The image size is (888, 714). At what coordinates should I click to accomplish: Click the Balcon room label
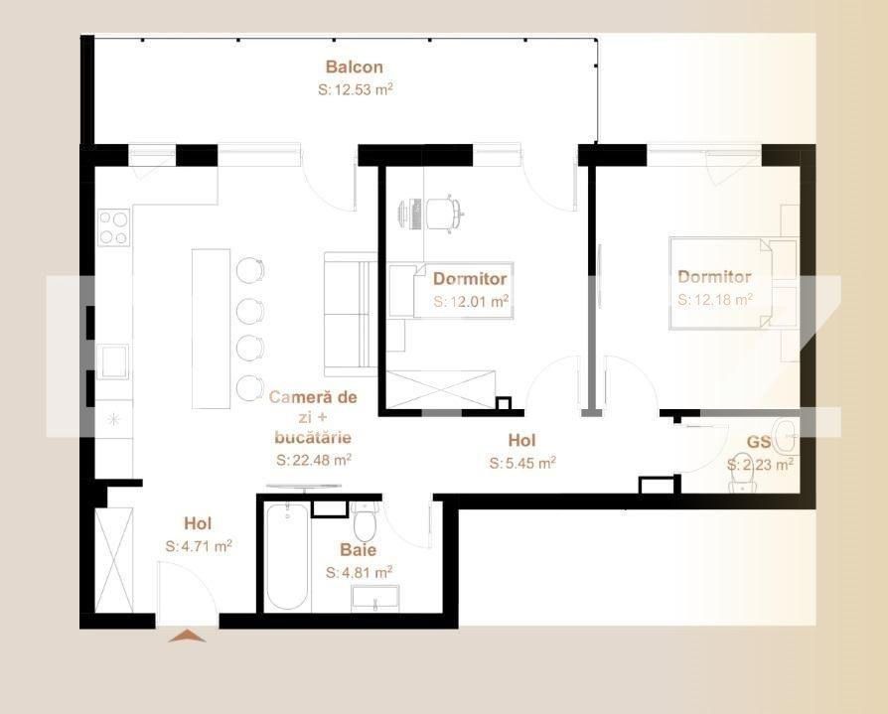[x=355, y=68]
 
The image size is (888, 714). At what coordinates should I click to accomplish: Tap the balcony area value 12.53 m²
[x=355, y=89]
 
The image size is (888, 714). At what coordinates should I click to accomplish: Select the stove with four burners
[x=113, y=227]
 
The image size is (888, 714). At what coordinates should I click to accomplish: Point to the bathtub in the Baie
[x=288, y=557]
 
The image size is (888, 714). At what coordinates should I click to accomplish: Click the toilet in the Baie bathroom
[x=364, y=520]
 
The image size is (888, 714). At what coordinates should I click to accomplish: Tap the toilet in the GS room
[x=743, y=477]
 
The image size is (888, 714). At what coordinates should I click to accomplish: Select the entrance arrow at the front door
[x=187, y=636]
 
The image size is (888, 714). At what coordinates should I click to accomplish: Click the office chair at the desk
[x=444, y=212]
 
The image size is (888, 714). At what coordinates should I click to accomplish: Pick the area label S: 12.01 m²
[x=471, y=301]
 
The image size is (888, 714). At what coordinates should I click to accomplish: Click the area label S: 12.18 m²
[x=714, y=299]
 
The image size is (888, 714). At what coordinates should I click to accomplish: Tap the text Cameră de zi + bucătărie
[x=313, y=416]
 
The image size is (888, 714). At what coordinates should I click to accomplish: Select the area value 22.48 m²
[x=313, y=460]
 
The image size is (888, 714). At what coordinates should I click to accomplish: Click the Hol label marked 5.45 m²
[x=521, y=440]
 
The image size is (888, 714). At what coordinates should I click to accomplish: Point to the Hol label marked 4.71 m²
[x=198, y=523]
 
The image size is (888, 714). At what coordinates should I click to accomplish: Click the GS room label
[x=759, y=443]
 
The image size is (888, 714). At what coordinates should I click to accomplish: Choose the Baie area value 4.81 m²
[x=359, y=572]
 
